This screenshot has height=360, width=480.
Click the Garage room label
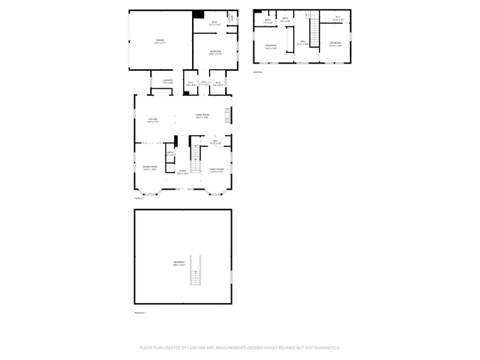coord(160,41)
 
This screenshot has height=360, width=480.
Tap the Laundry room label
coord(168,81)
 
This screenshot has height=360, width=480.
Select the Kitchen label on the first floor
coord(153,120)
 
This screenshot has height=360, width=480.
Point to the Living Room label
coord(203,116)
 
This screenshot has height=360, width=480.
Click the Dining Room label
coord(149,168)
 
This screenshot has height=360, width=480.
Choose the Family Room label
coord(216,171)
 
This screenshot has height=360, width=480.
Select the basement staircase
coord(196,271)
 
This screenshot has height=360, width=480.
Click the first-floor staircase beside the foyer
coord(196,156)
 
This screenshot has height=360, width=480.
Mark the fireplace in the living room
coord(228,115)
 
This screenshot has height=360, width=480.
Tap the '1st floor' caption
coord(138,198)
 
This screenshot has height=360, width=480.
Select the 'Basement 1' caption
coord(140,313)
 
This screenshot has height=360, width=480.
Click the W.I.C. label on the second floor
coord(337,18)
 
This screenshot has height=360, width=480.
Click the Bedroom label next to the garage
coord(215,52)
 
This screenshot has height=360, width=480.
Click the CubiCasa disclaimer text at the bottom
coord(239,347)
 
